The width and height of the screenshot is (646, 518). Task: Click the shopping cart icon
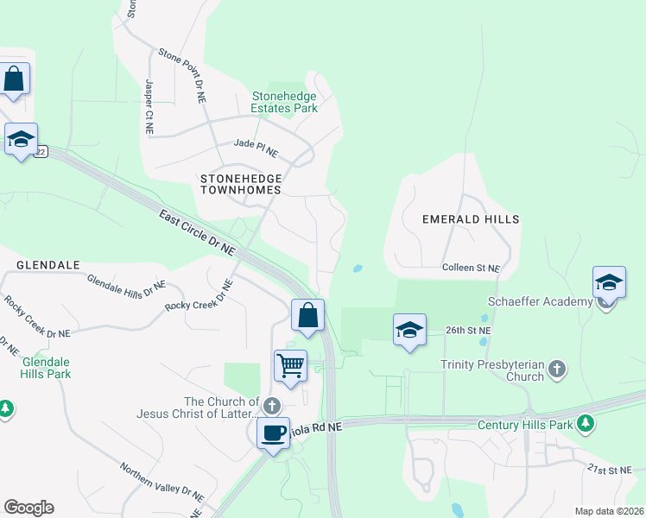tap(291, 365)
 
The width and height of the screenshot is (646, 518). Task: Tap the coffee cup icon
tap(274, 432)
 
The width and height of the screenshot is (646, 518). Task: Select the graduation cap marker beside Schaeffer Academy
tap(609, 283)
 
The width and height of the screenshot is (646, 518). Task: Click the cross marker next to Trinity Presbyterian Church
tap(557, 370)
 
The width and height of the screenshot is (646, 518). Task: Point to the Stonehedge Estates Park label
tap(284, 103)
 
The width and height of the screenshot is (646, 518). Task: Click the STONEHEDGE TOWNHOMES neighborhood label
tap(241, 182)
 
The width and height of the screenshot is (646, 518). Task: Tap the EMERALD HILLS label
tap(471, 219)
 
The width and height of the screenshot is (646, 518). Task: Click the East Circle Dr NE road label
tap(197, 232)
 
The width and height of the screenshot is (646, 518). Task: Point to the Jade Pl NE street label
tap(256, 148)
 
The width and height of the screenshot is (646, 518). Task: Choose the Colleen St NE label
tap(471, 268)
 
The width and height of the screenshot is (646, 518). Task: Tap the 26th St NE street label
tap(467, 331)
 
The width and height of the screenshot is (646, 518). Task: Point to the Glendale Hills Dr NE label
tap(126, 287)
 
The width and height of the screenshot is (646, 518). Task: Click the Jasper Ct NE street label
tap(149, 106)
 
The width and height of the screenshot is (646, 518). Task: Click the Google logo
tap(28, 508)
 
